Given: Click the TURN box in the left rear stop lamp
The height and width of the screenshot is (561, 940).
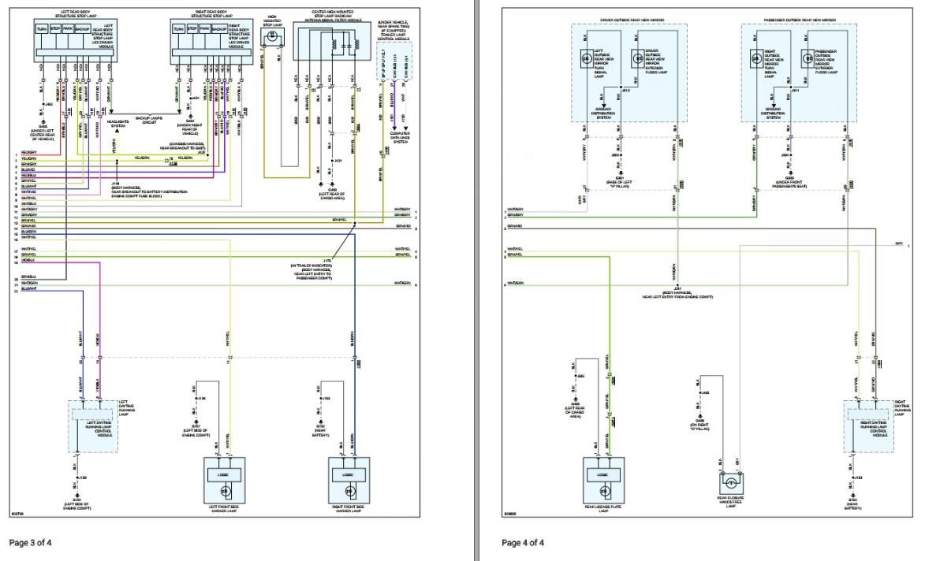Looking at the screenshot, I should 42,28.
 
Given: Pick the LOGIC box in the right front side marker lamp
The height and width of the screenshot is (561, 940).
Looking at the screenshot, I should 347,475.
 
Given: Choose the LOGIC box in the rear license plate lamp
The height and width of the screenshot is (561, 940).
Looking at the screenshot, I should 602,475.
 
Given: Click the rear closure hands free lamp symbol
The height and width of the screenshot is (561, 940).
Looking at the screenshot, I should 731,481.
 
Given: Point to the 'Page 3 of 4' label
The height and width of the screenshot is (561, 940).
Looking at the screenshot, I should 31,542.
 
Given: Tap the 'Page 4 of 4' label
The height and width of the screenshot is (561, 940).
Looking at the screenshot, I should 523,542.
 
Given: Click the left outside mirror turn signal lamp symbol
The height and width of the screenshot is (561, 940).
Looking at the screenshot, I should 586,58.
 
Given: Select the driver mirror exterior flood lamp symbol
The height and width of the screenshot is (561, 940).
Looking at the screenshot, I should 637,58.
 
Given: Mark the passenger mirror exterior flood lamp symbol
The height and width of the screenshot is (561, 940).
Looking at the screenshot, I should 808,58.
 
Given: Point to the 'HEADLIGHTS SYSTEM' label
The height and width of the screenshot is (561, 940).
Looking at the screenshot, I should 118,124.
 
